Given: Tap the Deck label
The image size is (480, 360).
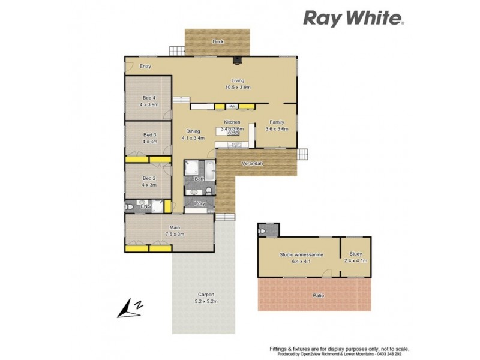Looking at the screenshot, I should pyautogui.click(x=218, y=41).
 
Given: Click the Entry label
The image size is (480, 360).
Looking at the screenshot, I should pyautogui.click(x=145, y=66).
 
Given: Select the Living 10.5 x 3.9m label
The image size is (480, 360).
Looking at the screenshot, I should pyautogui.click(x=238, y=84).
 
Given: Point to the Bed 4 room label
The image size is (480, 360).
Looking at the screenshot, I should pyautogui.click(x=149, y=101).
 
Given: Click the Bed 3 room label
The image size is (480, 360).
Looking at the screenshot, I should pyautogui.click(x=149, y=138).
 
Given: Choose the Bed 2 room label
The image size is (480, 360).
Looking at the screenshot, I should pyautogui.click(x=149, y=181).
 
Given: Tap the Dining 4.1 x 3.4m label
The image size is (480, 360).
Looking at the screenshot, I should pyautogui.click(x=193, y=134).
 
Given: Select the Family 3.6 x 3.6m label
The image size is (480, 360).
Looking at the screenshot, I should pyautogui.click(x=277, y=125).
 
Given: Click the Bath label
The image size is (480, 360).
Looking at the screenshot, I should pyautogui.click(x=199, y=179).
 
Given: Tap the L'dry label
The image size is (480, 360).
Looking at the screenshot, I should pyautogui.click(x=200, y=204).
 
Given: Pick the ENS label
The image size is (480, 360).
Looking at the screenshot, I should pyautogui.click(x=145, y=207).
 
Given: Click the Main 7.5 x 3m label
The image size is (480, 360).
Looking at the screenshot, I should pyautogui.click(x=175, y=230).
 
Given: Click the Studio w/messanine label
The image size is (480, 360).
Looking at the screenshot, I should pyautogui.click(x=301, y=258).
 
